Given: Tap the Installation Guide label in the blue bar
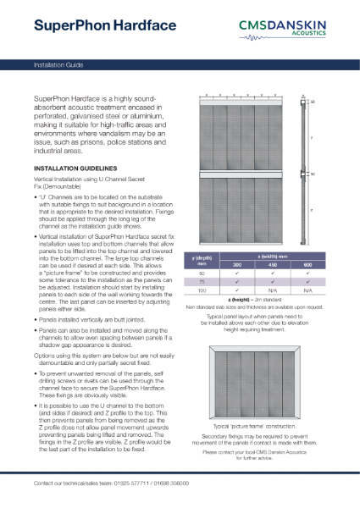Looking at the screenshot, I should (58, 63).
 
